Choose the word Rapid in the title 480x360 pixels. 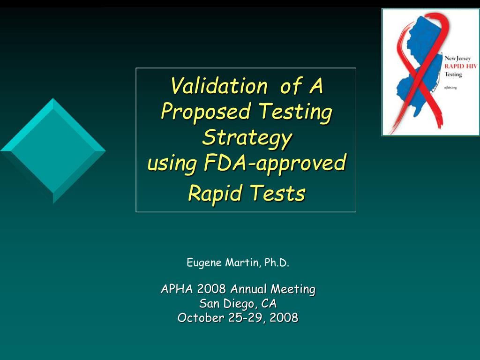215,193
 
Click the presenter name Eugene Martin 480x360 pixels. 223,262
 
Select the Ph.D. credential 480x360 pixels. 277,262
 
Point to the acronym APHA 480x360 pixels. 177,289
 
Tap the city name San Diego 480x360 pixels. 228,303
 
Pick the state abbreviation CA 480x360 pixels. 269,303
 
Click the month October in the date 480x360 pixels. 201,318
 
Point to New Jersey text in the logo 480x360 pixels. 457,59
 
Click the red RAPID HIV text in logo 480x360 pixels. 460,67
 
